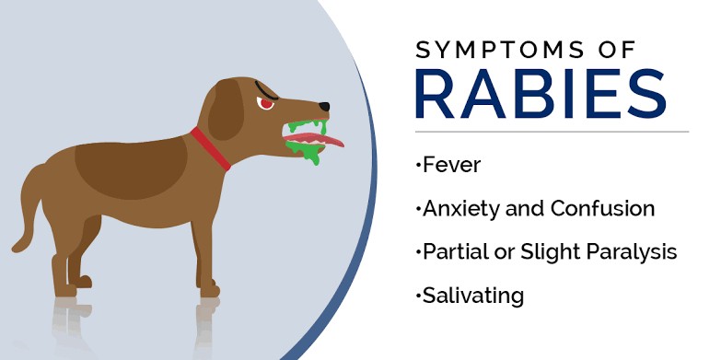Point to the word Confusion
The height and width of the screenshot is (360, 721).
pos(602,208)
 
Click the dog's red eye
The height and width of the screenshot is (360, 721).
pos(267,103)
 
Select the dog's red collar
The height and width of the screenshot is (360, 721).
pos(211,148)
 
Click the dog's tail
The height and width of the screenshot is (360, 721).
pos(29,213)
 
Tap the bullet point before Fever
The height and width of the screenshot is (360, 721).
pos(417,166)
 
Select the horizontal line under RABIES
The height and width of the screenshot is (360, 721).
pos(552,132)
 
